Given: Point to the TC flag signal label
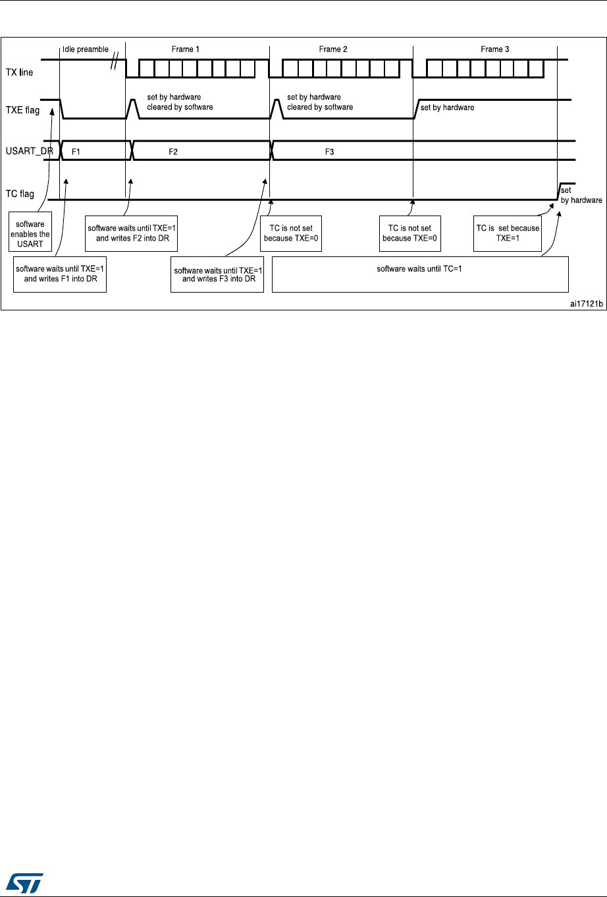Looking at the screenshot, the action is click(x=20, y=194).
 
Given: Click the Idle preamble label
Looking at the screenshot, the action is click(x=85, y=49).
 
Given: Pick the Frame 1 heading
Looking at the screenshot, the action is click(x=182, y=49).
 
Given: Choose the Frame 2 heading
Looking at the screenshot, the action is click(x=330, y=49).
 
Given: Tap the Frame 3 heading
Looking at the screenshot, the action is click(x=494, y=49).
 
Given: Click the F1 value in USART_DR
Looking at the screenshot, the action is click(x=76, y=152).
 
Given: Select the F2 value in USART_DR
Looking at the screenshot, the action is click(x=173, y=152).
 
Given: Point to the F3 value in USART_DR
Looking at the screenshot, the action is click(x=330, y=152).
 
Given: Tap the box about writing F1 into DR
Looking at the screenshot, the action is click(x=59, y=274).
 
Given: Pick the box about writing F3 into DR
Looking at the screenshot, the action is click(x=217, y=274).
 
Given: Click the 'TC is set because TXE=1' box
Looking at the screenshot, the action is click(x=507, y=233).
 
